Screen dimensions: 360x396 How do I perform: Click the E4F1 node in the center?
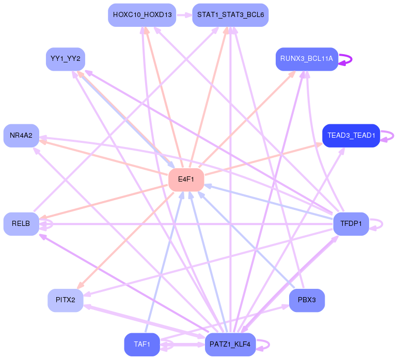[186, 179]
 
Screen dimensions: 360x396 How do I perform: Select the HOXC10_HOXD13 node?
[142, 15]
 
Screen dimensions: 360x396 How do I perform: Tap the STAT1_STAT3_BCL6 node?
[230, 15]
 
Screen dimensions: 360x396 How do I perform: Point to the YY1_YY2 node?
[65, 59]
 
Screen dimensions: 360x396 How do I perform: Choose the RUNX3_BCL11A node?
[307, 59]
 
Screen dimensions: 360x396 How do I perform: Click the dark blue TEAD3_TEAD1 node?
[351, 136]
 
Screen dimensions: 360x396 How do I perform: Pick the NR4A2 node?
[21, 136]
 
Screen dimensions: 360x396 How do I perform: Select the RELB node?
[21, 224]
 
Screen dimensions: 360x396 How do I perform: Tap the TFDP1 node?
[351, 224]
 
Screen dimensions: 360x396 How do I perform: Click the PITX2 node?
[65, 300]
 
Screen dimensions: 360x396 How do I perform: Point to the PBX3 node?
[307, 300]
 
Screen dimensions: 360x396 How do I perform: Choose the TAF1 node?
[142, 344]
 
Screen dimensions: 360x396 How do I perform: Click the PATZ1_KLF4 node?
[230, 344]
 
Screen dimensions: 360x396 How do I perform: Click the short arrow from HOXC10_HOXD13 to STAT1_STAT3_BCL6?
[184, 15]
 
